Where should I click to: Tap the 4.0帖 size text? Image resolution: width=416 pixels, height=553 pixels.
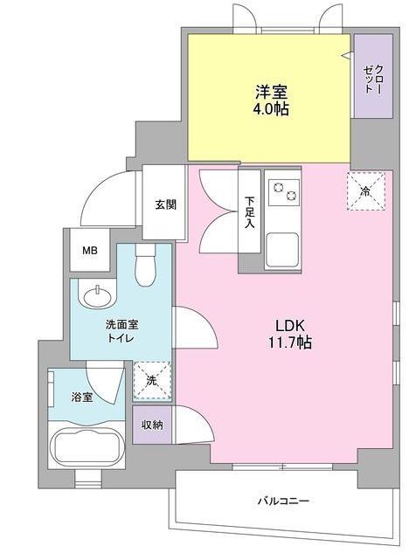pyautogui.click(x=271, y=109)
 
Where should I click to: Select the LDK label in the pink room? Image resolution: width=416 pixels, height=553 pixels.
pyautogui.click(x=293, y=324)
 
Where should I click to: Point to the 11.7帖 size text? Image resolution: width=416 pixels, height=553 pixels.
pyautogui.click(x=293, y=342)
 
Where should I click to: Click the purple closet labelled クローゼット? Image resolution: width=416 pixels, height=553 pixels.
pyautogui.click(x=373, y=77)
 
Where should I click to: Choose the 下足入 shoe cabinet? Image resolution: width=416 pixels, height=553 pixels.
pyautogui.click(x=250, y=211)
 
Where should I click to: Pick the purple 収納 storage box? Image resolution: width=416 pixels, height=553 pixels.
pyautogui.click(x=152, y=425)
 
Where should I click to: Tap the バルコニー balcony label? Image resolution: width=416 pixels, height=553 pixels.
pyautogui.click(x=283, y=501)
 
